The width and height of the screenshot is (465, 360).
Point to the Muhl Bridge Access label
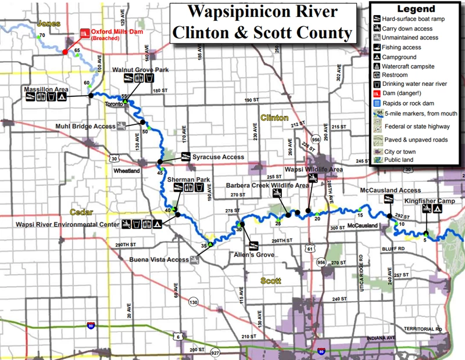(x=86, y=125)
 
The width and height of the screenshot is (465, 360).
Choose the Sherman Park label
(x=184, y=181)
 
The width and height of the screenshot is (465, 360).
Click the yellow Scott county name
(x=271, y=280)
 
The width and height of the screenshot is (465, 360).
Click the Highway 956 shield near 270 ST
(x=320, y=262)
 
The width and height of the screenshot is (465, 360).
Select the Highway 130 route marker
(x=194, y=301)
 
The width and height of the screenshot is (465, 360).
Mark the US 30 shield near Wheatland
(x=115, y=158)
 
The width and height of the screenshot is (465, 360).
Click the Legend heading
(x=416, y=9)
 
